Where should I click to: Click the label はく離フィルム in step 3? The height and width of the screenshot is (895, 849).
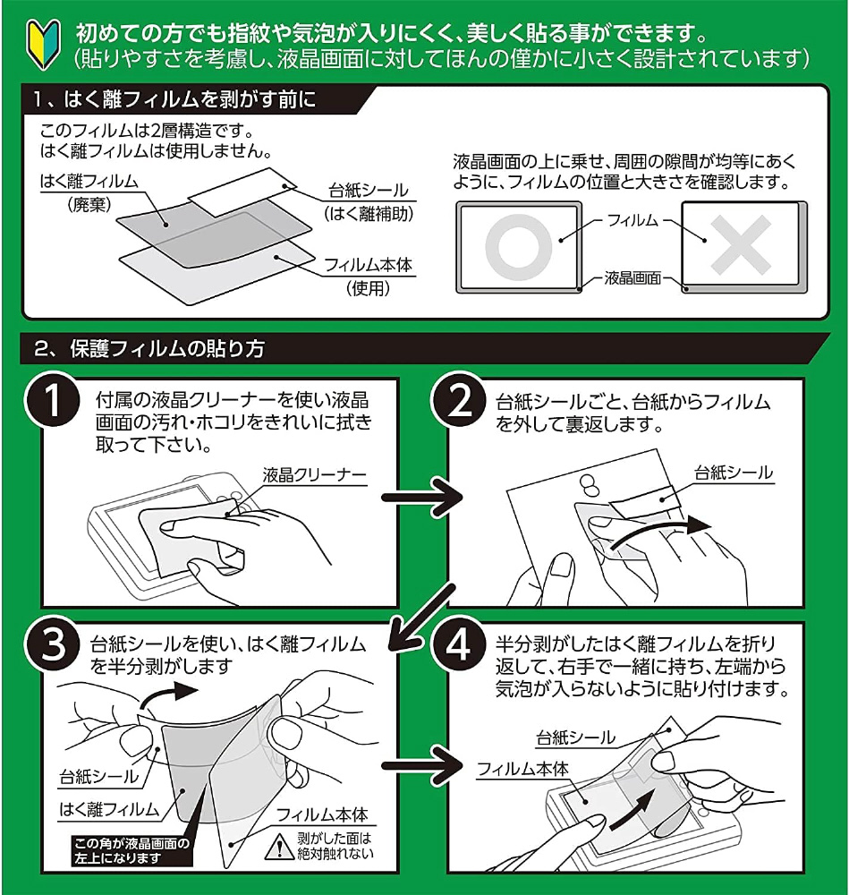(x=108, y=809)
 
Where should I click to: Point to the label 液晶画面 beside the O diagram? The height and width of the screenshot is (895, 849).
(x=633, y=277)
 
